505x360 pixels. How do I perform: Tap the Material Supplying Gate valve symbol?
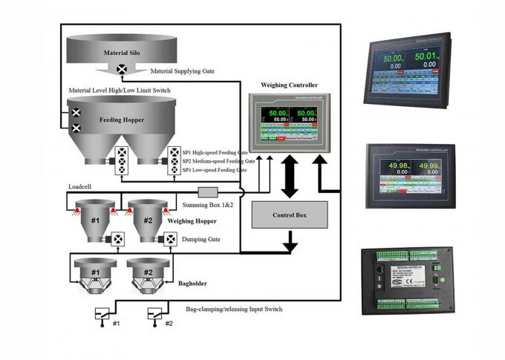coord(121,70)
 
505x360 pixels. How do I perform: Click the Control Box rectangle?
coord(290,215)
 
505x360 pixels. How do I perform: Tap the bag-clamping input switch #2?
coord(156,313)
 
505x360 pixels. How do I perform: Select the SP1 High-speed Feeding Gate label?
coord(215,151)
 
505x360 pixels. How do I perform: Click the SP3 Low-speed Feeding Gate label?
coord(215,170)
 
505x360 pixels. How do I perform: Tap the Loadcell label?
coord(78,187)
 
